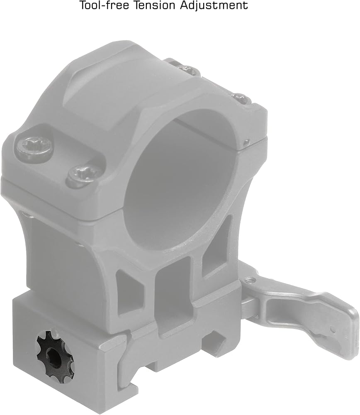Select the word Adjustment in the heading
tap(214, 6)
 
